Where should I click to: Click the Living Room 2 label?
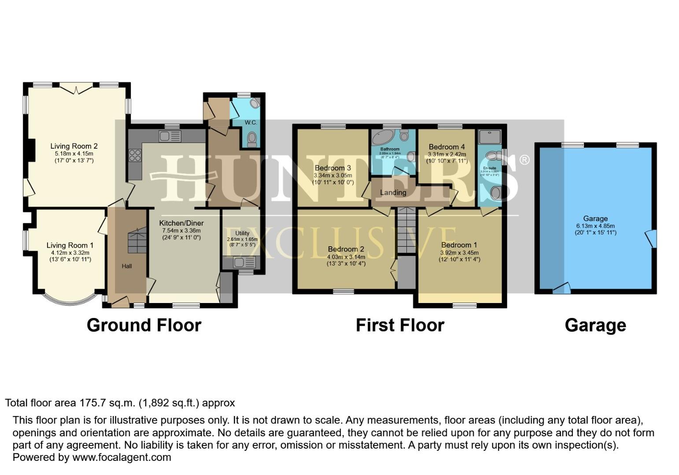point(74,146)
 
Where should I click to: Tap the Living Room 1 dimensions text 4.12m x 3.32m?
point(70,252)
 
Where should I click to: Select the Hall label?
point(127,266)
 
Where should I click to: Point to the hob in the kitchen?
point(135,155)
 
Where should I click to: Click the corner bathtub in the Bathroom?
point(382,139)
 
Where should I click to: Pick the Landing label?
point(393,192)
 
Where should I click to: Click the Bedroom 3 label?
point(332,168)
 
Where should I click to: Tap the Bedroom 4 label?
point(447,147)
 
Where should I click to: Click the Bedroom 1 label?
point(459,245)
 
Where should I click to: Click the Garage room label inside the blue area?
point(595,219)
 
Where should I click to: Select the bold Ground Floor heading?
point(144,325)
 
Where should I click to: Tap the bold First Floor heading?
point(400,325)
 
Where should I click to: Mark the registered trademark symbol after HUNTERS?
point(524,160)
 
